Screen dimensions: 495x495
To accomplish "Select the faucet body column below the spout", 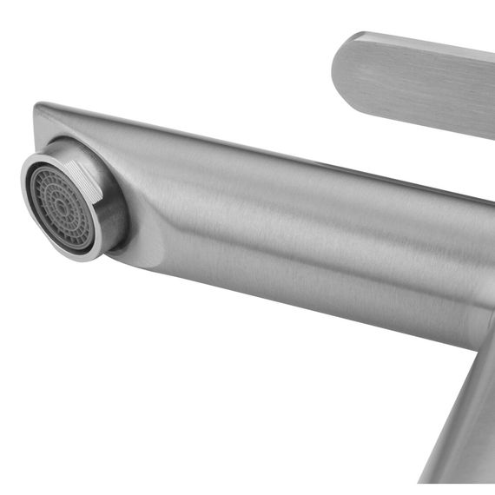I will [x=465, y=417].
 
